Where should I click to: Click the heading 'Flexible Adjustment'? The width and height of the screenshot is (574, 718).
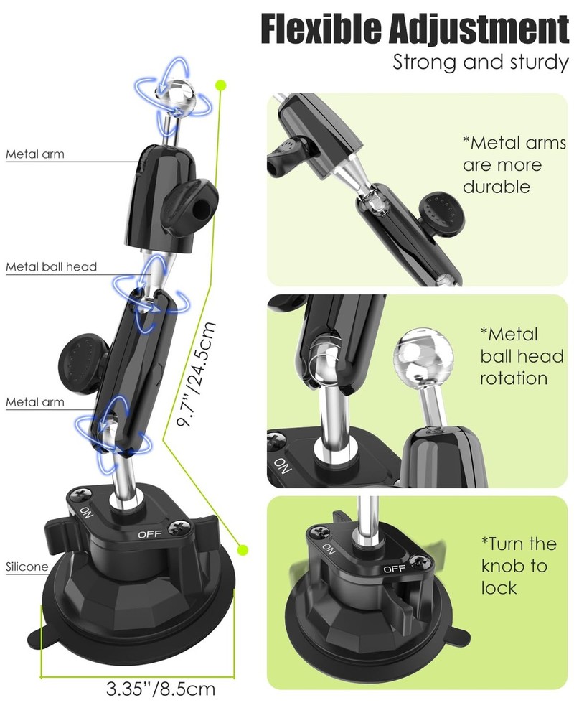pos(415,29)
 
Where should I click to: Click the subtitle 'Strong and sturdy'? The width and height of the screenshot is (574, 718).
pos(481,62)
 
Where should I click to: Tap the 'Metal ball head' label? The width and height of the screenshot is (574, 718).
pos(51,266)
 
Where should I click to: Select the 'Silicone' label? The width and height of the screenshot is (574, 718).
pos(27,567)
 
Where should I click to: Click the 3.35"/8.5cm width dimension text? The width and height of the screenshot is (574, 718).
pos(161,689)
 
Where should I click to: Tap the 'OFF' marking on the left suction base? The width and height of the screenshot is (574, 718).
pos(150,534)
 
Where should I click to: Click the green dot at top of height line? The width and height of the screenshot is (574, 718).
pos(221,85)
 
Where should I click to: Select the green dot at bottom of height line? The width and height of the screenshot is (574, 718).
pos(243,549)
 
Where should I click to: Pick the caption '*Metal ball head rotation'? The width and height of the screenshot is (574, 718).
pos(522,356)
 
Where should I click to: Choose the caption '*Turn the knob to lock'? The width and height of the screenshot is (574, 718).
pos(519,566)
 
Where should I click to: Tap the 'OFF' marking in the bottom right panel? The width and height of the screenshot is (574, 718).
pos(394,569)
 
